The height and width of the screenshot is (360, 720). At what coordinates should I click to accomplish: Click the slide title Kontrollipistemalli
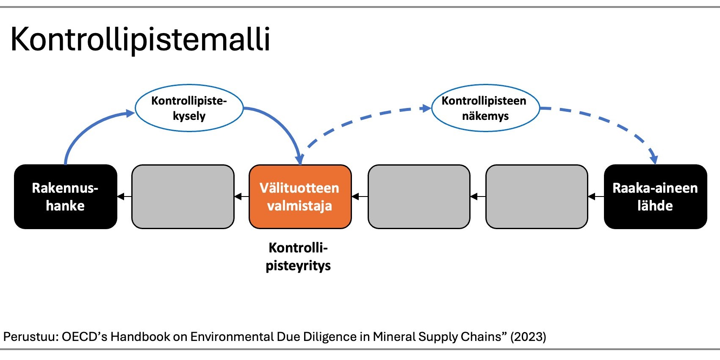pos(140,39)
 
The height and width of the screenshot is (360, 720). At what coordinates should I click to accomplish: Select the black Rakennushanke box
pos(65,197)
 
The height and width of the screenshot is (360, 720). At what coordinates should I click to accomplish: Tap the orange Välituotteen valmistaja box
pos(300,197)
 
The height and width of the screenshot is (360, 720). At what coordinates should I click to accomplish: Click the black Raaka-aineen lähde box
pos(655,197)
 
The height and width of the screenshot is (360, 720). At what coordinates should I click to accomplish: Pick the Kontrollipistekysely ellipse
pos(189,108)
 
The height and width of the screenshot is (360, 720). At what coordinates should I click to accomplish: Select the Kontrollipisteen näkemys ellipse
pos(485,108)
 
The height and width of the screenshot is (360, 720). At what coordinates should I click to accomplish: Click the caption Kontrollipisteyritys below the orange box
pos(298,256)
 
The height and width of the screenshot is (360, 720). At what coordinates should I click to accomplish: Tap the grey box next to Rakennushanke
pos(183,197)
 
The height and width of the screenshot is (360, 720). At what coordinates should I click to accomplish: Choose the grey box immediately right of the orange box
pos(419,197)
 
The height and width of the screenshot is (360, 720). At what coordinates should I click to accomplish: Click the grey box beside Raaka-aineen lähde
pos(537,197)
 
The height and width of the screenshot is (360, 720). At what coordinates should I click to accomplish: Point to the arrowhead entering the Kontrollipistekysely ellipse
pos(130,113)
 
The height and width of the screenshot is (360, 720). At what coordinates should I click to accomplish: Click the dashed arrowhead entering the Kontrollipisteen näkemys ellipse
pos(426,108)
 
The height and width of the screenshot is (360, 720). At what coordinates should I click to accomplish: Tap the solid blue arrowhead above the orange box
pos(300,160)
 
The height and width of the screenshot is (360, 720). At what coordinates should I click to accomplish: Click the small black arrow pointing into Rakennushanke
pos(121,197)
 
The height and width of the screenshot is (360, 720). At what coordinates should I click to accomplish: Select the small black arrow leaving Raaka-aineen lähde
pos(592,197)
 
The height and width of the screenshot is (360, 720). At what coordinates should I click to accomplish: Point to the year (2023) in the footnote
pos(528,337)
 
